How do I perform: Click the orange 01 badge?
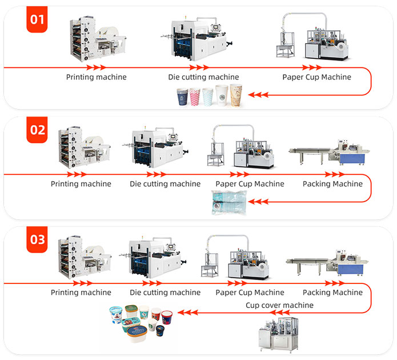(x=37, y=20)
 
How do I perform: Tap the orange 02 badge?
(x=37, y=130)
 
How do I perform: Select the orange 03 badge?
(x=37, y=239)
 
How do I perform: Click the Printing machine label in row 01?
(x=96, y=77)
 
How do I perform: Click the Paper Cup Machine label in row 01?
(x=316, y=77)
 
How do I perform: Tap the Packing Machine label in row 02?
(x=332, y=184)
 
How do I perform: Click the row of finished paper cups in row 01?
(x=209, y=96)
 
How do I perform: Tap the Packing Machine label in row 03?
(x=332, y=293)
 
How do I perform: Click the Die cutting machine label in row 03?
(x=165, y=293)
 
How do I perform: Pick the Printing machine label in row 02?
(x=81, y=184)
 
